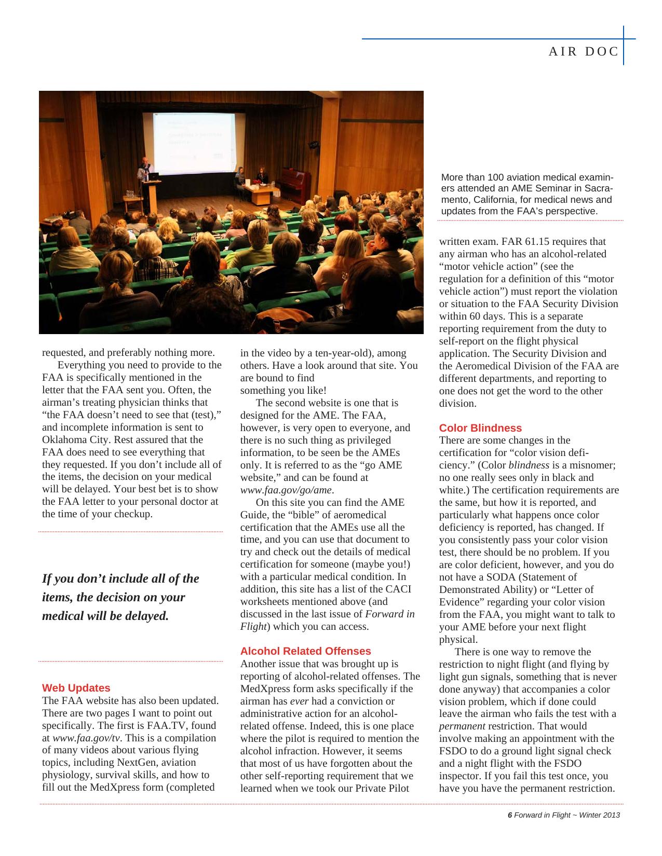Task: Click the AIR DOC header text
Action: click(584, 51)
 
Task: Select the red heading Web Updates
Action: click(76, 688)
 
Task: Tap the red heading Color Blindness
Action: click(480, 428)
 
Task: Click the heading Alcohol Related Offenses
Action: click(305, 651)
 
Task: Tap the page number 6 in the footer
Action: click(510, 815)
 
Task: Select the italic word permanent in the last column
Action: click(462, 726)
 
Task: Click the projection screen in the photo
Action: click(195, 143)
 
